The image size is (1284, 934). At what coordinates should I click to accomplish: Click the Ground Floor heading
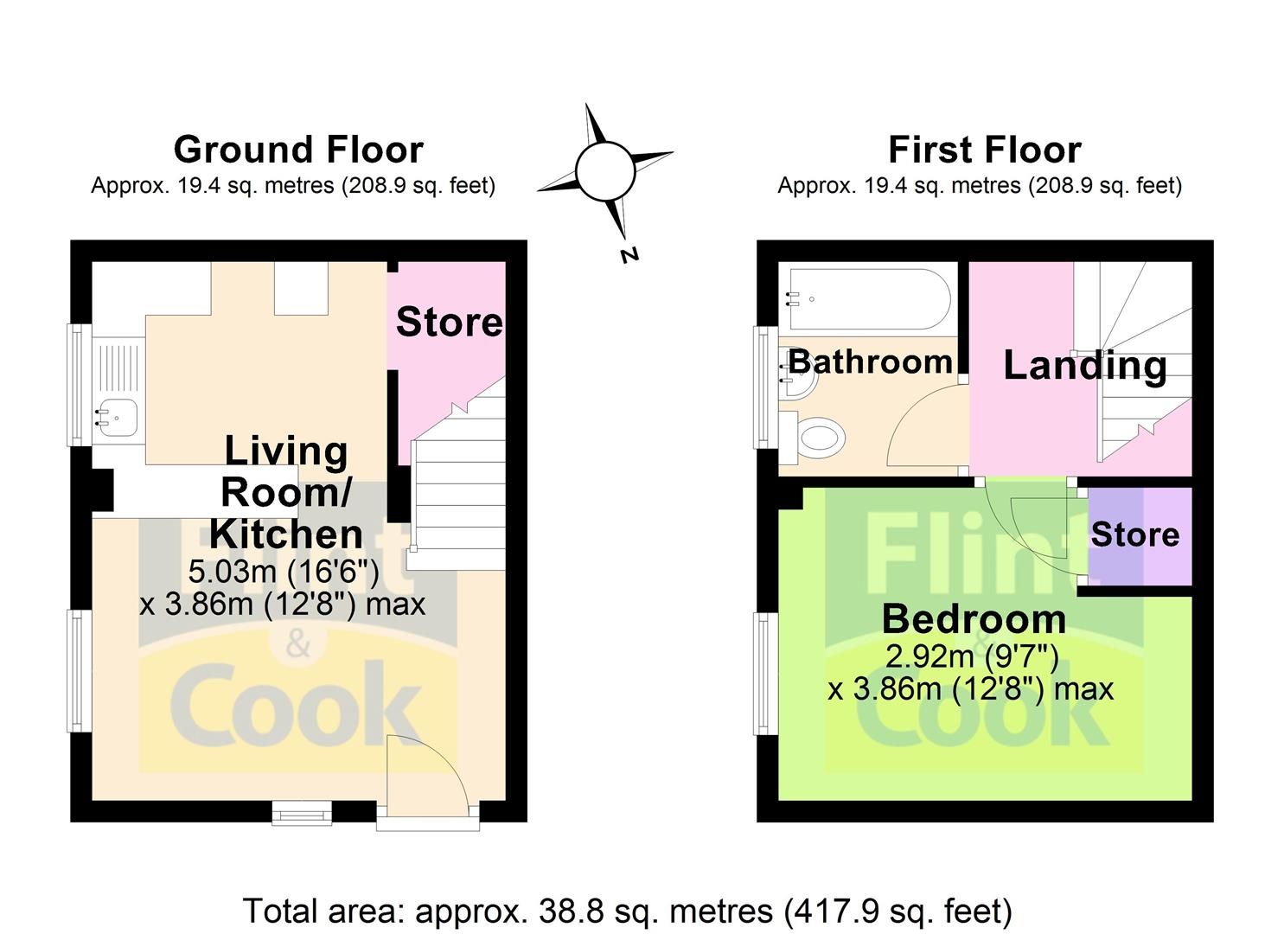(x=298, y=150)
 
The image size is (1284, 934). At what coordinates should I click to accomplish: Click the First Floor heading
(x=985, y=150)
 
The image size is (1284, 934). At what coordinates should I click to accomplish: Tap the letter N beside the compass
(x=630, y=255)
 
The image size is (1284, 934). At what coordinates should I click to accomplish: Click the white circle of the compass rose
(x=605, y=171)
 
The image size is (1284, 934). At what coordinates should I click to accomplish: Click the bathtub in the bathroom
(x=870, y=299)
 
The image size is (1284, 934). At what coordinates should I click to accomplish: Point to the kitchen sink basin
(x=117, y=418)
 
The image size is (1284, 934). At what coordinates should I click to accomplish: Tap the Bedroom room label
(x=974, y=620)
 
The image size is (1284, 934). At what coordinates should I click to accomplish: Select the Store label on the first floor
(x=1135, y=534)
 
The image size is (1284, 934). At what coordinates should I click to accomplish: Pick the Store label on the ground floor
(x=449, y=322)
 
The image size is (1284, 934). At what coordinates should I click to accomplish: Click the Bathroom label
(x=870, y=361)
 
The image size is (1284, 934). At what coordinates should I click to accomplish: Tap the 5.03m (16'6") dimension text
(x=284, y=572)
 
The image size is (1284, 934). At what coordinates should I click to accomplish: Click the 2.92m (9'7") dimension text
(x=972, y=656)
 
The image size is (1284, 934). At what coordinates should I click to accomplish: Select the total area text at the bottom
(x=628, y=911)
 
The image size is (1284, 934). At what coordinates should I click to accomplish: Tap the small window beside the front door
(x=302, y=813)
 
